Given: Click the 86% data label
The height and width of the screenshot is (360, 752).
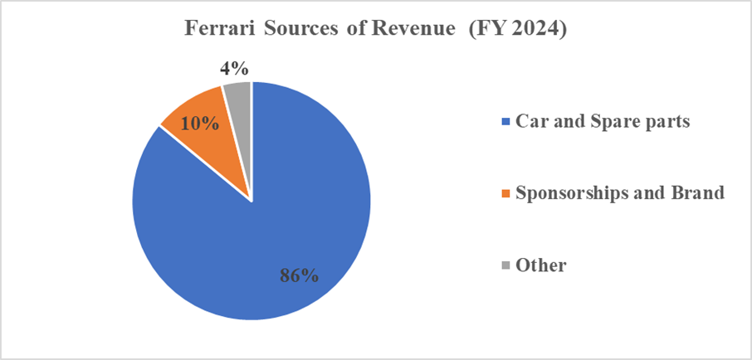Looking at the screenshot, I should (x=296, y=275).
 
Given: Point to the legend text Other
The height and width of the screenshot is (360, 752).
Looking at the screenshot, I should (x=541, y=265).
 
